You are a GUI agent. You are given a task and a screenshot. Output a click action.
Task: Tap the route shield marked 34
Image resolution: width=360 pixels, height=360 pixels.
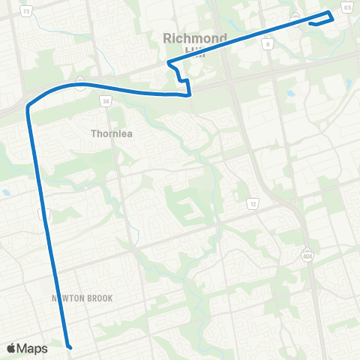(106, 100)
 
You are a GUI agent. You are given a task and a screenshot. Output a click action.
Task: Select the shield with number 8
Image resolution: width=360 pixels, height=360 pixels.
(268, 44)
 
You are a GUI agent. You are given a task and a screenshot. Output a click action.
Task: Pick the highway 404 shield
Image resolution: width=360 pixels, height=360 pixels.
(307, 254)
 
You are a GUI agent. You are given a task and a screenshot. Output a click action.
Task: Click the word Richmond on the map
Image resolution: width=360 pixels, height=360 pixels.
(194, 37)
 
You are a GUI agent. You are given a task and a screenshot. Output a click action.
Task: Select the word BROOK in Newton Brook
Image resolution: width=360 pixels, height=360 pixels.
(99, 298)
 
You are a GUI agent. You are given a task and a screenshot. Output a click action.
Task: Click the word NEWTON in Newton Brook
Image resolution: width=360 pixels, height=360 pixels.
(67, 298)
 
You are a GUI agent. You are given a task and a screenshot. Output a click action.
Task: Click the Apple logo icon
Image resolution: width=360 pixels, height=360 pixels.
(12, 348)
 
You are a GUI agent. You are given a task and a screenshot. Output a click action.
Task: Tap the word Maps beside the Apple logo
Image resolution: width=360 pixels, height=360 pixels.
(32, 348)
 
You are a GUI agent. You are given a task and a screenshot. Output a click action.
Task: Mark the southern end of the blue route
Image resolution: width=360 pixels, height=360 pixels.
(68, 347)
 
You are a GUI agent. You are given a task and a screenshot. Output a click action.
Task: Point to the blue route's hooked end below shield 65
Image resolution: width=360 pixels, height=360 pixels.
(310, 22)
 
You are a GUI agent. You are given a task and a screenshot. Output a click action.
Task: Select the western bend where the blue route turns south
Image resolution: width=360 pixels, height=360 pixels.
(29, 107)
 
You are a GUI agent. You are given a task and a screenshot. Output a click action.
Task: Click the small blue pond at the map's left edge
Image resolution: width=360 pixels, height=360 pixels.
(6, 192)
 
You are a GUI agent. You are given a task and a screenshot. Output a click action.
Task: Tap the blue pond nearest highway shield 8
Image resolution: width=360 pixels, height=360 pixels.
(290, 94)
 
